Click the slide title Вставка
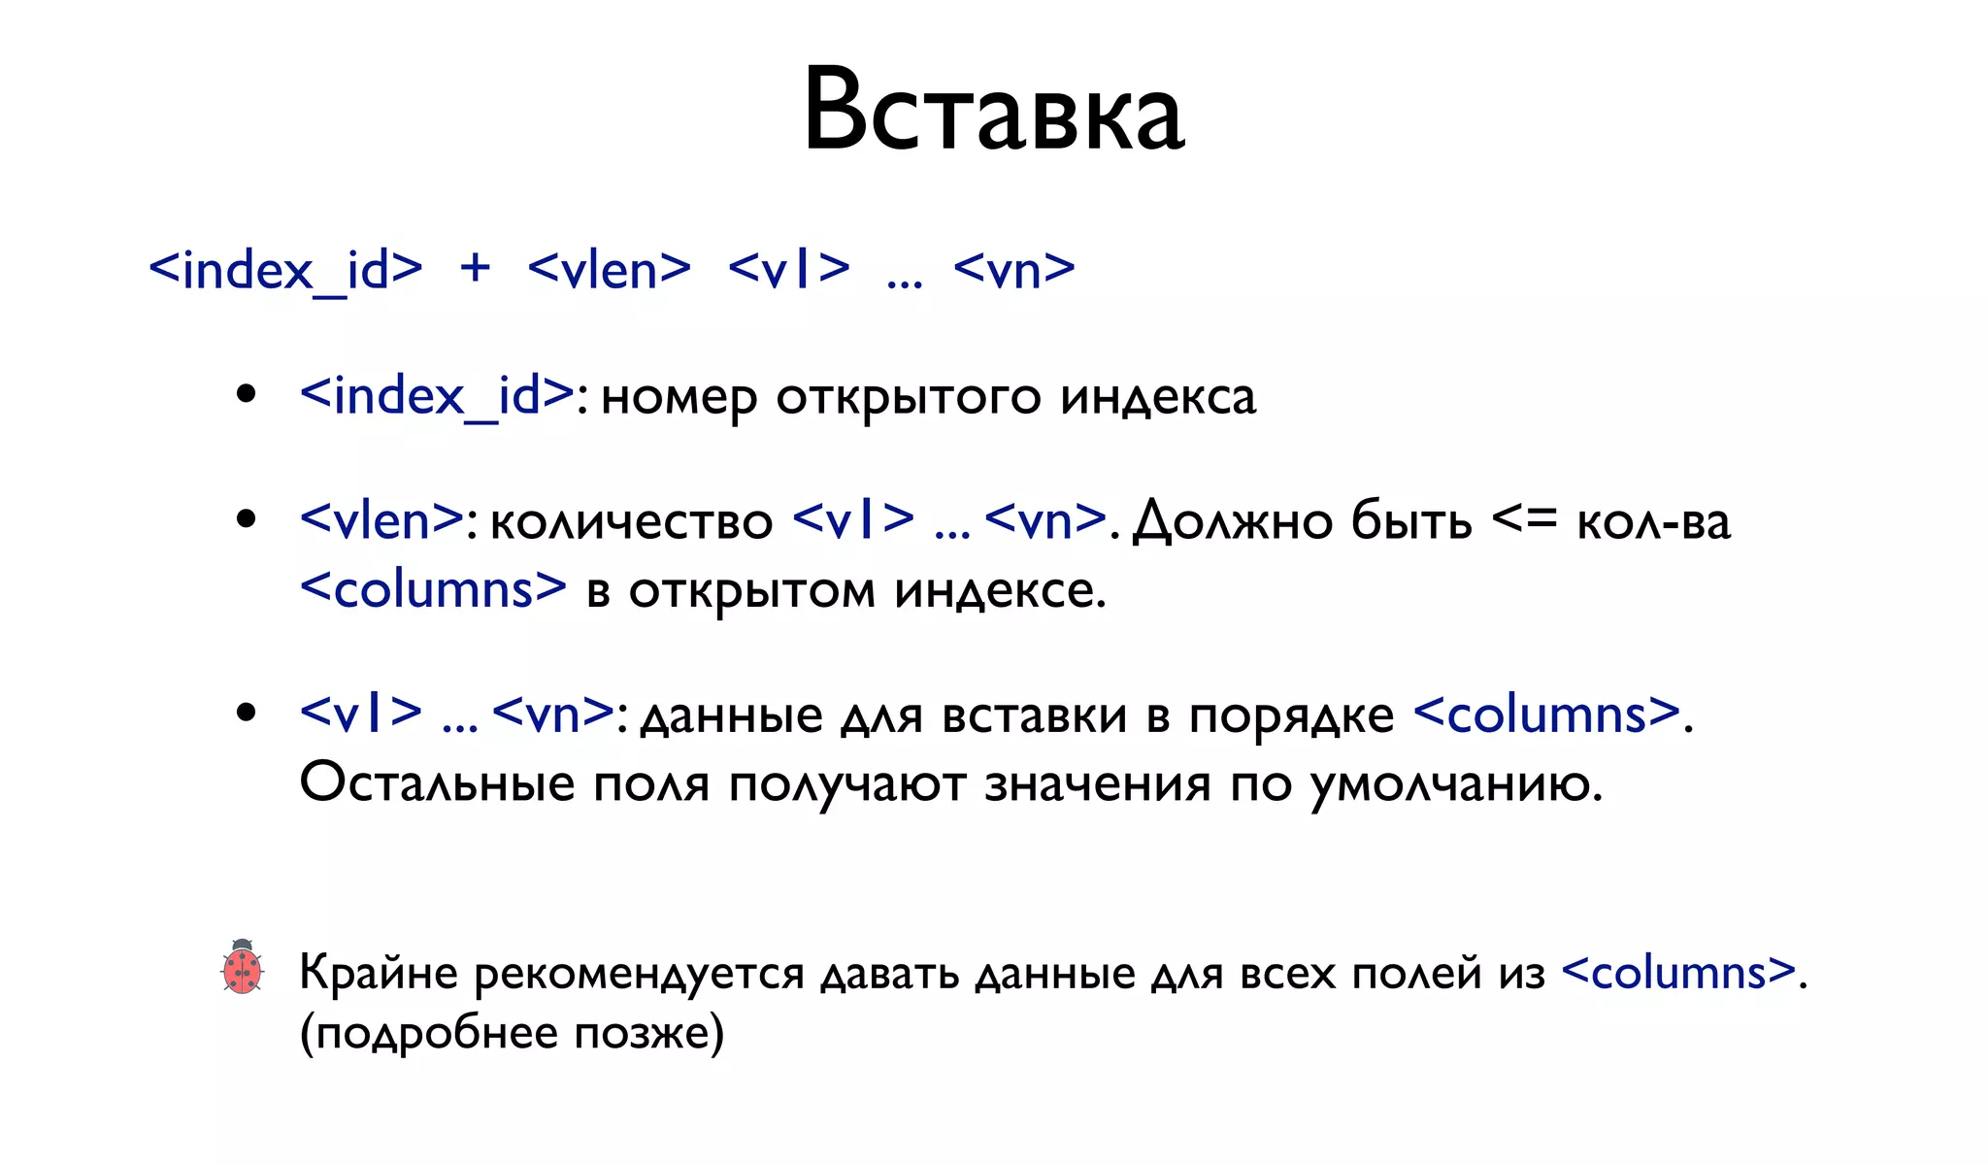993,110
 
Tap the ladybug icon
242,967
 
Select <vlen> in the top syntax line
609,269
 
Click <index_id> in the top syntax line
285,271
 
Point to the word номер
678,398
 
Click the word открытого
908,398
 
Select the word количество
631,522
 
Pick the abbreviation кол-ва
1653,522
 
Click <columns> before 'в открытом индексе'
433,589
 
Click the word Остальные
437,782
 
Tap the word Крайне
378,973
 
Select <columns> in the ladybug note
1679,973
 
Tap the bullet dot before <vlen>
247,519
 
